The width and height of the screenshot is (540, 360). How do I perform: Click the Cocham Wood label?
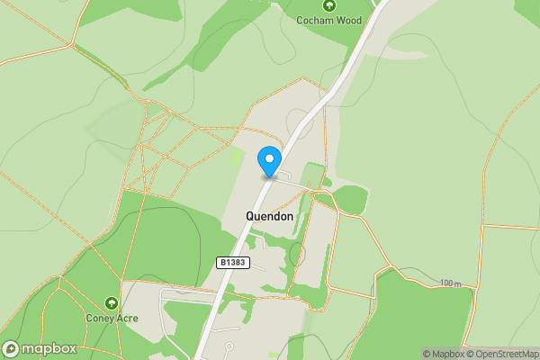(x=328, y=20)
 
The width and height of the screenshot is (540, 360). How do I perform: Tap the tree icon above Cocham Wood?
(x=328, y=4)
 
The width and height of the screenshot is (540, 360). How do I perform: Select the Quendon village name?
(x=269, y=216)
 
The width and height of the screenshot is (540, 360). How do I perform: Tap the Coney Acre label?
(x=112, y=318)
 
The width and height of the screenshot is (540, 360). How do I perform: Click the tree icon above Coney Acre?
(x=112, y=303)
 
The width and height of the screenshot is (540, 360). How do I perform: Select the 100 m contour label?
(x=451, y=283)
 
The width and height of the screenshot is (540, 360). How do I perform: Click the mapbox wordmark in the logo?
(x=49, y=349)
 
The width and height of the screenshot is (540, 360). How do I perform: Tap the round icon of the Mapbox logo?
(x=11, y=349)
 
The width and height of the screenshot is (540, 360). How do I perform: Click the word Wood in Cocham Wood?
(x=348, y=20)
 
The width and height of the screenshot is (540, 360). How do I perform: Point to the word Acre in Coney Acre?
(x=127, y=318)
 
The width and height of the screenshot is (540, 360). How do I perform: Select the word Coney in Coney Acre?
(x=99, y=318)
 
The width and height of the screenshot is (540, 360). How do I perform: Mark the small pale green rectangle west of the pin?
(x=236, y=157)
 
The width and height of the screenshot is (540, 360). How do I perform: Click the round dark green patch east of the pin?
(x=351, y=201)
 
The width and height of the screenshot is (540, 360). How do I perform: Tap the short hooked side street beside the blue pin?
(x=285, y=174)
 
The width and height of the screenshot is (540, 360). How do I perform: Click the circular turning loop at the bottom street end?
(x=229, y=346)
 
